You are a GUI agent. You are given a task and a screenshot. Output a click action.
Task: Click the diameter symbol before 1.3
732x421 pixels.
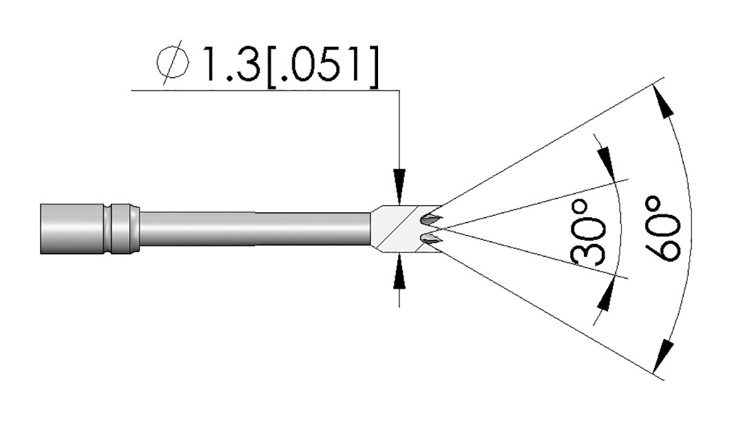[x=174, y=65]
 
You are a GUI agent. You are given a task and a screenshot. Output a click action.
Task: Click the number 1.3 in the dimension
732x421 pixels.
[x=230, y=64]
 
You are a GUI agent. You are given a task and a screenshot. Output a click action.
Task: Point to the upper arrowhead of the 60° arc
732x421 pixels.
[x=665, y=105]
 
